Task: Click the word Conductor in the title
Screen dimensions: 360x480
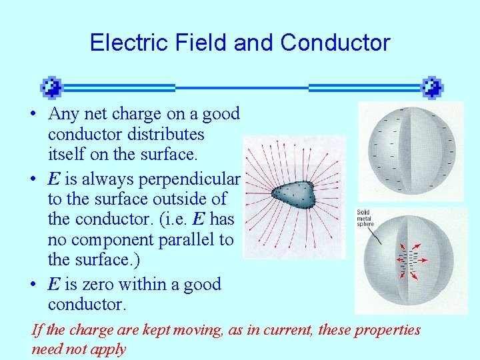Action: click(335, 43)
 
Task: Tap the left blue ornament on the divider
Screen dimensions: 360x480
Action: click(51, 87)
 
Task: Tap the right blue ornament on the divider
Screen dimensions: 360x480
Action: click(432, 87)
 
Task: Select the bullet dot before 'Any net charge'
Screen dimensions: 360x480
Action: click(33, 114)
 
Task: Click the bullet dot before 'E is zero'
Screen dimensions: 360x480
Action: click(33, 285)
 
